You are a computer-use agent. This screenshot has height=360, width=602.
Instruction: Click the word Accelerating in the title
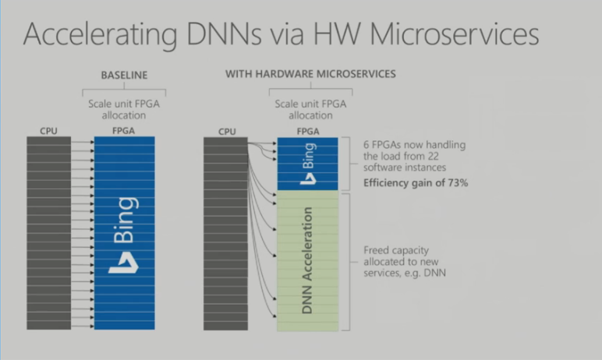[x=100, y=35]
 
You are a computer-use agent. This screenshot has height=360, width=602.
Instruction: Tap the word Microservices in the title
[x=455, y=34]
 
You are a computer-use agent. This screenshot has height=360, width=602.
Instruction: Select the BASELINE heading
[x=124, y=76]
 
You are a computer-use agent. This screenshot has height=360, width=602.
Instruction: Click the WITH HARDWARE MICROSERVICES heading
[x=310, y=74]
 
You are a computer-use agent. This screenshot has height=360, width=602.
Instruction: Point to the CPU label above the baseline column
[x=49, y=131]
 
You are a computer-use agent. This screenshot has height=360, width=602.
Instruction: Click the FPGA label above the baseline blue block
[x=124, y=131]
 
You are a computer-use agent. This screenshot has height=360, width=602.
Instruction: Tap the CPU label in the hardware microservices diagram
[x=227, y=132]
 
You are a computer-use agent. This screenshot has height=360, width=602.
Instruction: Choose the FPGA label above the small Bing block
[x=308, y=132]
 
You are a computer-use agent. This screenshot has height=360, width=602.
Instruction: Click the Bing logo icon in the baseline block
[x=124, y=263]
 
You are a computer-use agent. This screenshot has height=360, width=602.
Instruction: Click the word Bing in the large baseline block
[x=124, y=221]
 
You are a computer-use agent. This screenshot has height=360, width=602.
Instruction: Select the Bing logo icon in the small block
[x=308, y=178]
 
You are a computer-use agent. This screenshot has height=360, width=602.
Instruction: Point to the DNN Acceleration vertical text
[x=307, y=260]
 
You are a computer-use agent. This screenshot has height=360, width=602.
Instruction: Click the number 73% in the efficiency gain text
[x=458, y=183]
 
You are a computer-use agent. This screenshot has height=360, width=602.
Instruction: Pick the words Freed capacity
[x=396, y=251]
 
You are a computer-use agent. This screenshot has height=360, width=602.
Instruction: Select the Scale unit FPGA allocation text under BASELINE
[x=124, y=109]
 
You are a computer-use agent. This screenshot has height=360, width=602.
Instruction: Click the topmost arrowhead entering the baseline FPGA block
[x=92, y=142]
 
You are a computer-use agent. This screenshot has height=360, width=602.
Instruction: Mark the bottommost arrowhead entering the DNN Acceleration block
[x=275, y=316]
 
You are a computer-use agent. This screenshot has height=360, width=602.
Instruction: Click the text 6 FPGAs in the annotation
[x=382, y=145]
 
